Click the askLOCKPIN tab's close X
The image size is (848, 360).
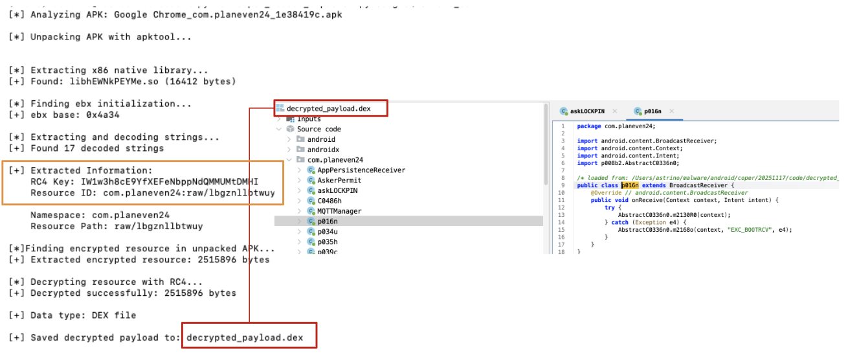tap(615, 111)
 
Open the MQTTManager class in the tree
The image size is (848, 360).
tap(339, 211)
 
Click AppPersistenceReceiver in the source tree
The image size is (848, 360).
tap(361, 170)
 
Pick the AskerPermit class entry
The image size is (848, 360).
tap(339, 180)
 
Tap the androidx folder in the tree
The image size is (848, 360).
tap(321, 150)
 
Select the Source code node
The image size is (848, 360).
tap(318, 129)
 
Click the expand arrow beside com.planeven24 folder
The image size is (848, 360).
tap(289, 160)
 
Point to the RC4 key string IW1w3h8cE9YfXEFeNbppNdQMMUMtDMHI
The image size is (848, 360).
tap(170, 182)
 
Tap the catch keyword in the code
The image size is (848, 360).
tap(619, 222)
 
